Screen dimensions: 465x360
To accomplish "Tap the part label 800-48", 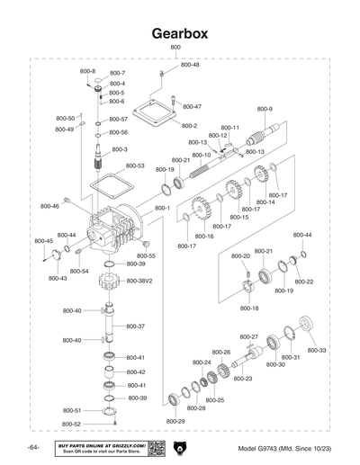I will pyautogui.click(x=191, y=65).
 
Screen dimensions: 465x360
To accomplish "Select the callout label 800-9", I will pyautogui.click(x=265, y=110).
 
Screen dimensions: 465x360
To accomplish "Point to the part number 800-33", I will pyautogui.click(x=318, y=350).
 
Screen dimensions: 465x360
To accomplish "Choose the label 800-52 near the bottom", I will pyautogui.click(x=72, y=424).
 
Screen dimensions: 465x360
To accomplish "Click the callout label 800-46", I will pyautogui.click(x=49, y=206).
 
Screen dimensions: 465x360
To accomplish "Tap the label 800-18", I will pyautogui.click(x=249, y=309).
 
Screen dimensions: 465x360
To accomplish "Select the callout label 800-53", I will pyautogui.click(x=135, y=165).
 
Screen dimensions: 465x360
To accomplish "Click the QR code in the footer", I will pyautogui.click(x=155, y=448).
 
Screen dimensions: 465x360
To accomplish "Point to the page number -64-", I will pyautogui.click(x=32, y=448).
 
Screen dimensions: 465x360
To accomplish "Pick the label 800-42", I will pyautogui.click(x=136, y=371).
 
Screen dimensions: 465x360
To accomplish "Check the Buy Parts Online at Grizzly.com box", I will pyautogui.click(x=99, y=448).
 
